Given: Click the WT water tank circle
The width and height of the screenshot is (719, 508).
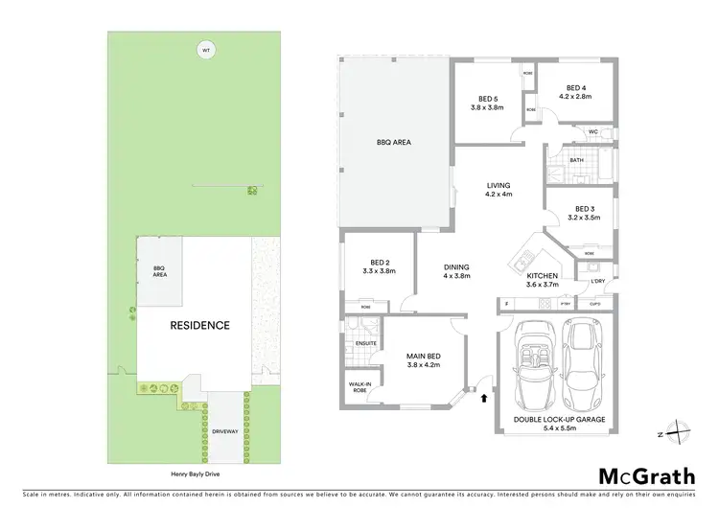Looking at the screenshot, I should coord(203,50).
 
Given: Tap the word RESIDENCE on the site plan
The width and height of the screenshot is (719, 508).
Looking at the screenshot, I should coord(199,325).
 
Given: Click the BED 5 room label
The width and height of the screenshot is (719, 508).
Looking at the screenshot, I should coord(489,99).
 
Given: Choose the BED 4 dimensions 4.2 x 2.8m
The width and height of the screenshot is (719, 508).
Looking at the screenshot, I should coord(577,96).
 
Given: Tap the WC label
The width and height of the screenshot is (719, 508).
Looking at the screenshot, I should coord(593,131).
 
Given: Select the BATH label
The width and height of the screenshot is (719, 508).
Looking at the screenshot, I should coord(576,161).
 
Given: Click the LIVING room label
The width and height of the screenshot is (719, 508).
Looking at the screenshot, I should coord(499,186).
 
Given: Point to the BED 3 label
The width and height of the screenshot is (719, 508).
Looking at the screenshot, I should coord(586,209).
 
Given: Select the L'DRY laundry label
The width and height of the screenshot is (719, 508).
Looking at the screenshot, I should coord(598,281).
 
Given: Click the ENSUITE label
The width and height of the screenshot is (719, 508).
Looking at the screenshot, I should coord(364,342).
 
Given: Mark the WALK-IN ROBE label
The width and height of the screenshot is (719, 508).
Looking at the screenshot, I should coord(359,387).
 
